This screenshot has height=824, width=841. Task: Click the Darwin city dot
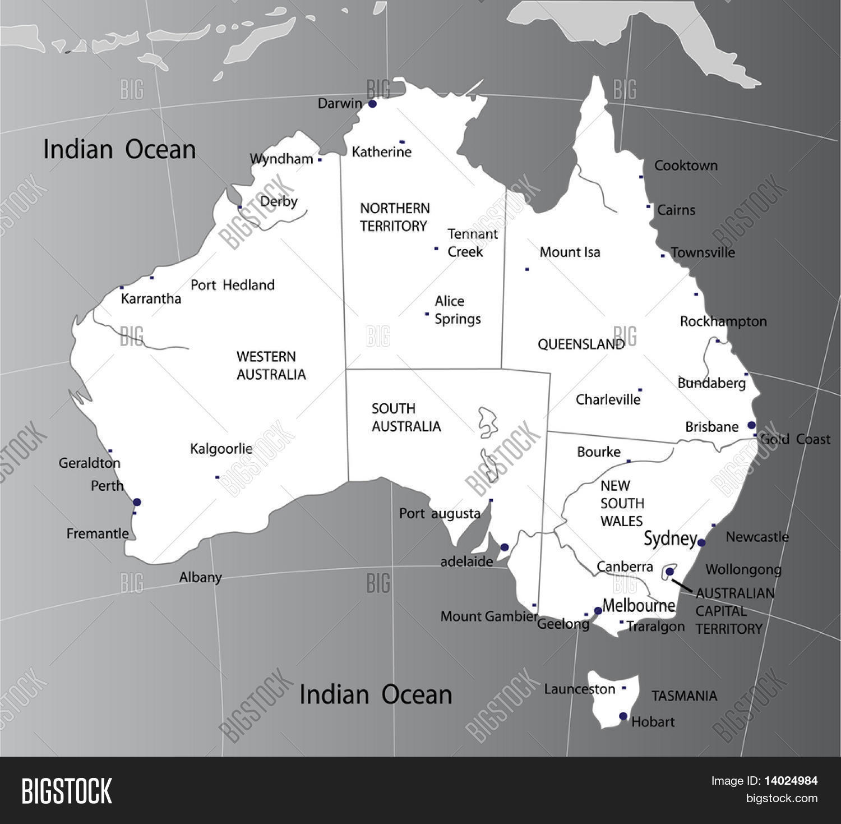tap(372, 104)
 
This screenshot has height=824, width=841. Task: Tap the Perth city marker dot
tap(137, 502)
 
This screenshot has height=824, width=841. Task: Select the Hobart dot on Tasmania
tap(623, 716)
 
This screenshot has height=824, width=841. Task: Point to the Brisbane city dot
tap(751, 425)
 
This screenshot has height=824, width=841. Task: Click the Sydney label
tap(669, 538)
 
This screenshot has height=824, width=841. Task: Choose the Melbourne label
tap(639, 606)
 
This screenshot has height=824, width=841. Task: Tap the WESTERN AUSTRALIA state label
tap(271, 366)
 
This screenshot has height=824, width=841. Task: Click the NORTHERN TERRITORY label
tap(395, 217)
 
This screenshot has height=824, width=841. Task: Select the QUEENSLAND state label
tap(581, 344)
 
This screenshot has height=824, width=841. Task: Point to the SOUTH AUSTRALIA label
tap(406, 417)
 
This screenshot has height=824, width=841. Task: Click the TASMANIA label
tap(684, 696)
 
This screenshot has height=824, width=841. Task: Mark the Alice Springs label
tap(458, 310)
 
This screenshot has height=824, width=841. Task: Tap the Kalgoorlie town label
tap(221, 449)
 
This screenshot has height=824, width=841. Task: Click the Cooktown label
tap(686, 165)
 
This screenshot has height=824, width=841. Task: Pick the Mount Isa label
tap(570, 252)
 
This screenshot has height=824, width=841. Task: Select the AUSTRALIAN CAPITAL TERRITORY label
tap(734, 611)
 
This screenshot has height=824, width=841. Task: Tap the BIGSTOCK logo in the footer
tap(67, 791)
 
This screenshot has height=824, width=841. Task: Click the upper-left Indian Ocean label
tap(119, 150)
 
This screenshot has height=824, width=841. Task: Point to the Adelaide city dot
tap(504, 547)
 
